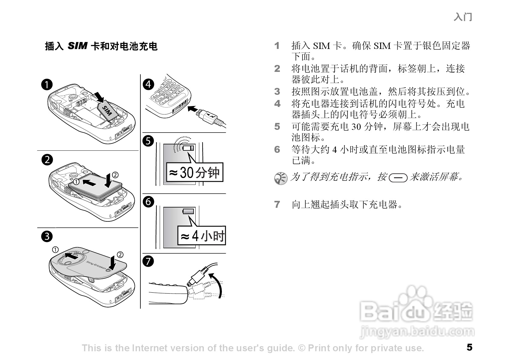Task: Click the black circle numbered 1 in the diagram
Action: coord(47,85)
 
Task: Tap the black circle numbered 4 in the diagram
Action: coord(148,84)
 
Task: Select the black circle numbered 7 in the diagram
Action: coord(148,261)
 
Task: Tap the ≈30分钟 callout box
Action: coord(195,172)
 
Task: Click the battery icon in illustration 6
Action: coord(188,211)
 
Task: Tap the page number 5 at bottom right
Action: coord(469,347)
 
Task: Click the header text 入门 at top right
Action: coord(463,17)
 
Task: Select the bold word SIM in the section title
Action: coord(77,46)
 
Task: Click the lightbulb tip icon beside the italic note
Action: coord(281,178)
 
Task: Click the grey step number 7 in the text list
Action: coord(277,204)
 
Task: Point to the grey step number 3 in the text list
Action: coord(277,91)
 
